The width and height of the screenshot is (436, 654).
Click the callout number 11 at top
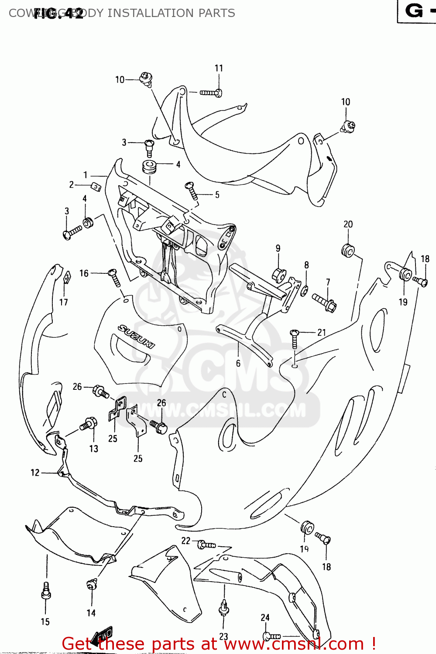[219, 68]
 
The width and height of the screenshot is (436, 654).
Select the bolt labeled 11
[211, 92]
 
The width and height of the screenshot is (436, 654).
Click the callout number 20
[348, 224]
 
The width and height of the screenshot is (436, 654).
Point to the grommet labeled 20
[348, 251]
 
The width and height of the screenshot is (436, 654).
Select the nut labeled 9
[279, 275]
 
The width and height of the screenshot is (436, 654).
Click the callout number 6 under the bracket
[238, 363]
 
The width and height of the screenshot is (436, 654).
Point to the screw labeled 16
[114, 278]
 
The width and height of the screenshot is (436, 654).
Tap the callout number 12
[35, 473]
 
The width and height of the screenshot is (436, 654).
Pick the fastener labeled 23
[224, 607]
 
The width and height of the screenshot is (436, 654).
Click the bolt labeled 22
[206, 545]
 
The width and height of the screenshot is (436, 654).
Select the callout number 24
[265, 617]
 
